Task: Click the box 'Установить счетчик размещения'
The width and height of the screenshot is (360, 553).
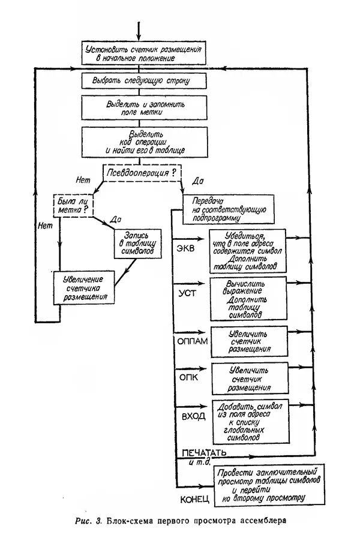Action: [x=144, y=53]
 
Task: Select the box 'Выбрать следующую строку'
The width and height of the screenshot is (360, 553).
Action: [x=144, y=80]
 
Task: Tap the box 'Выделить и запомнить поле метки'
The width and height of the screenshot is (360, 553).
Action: [x=144, y=108]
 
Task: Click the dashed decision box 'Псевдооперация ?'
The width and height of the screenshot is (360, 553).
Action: [x=142, y=173]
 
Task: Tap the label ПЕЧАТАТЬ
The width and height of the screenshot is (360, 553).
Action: [x=201, y=451]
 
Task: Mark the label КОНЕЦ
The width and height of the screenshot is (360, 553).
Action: [x=196, y=499]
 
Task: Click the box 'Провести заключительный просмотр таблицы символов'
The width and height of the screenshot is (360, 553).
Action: [x=268, y=484]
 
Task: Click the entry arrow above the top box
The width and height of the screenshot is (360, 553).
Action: [x=139, y=30]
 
